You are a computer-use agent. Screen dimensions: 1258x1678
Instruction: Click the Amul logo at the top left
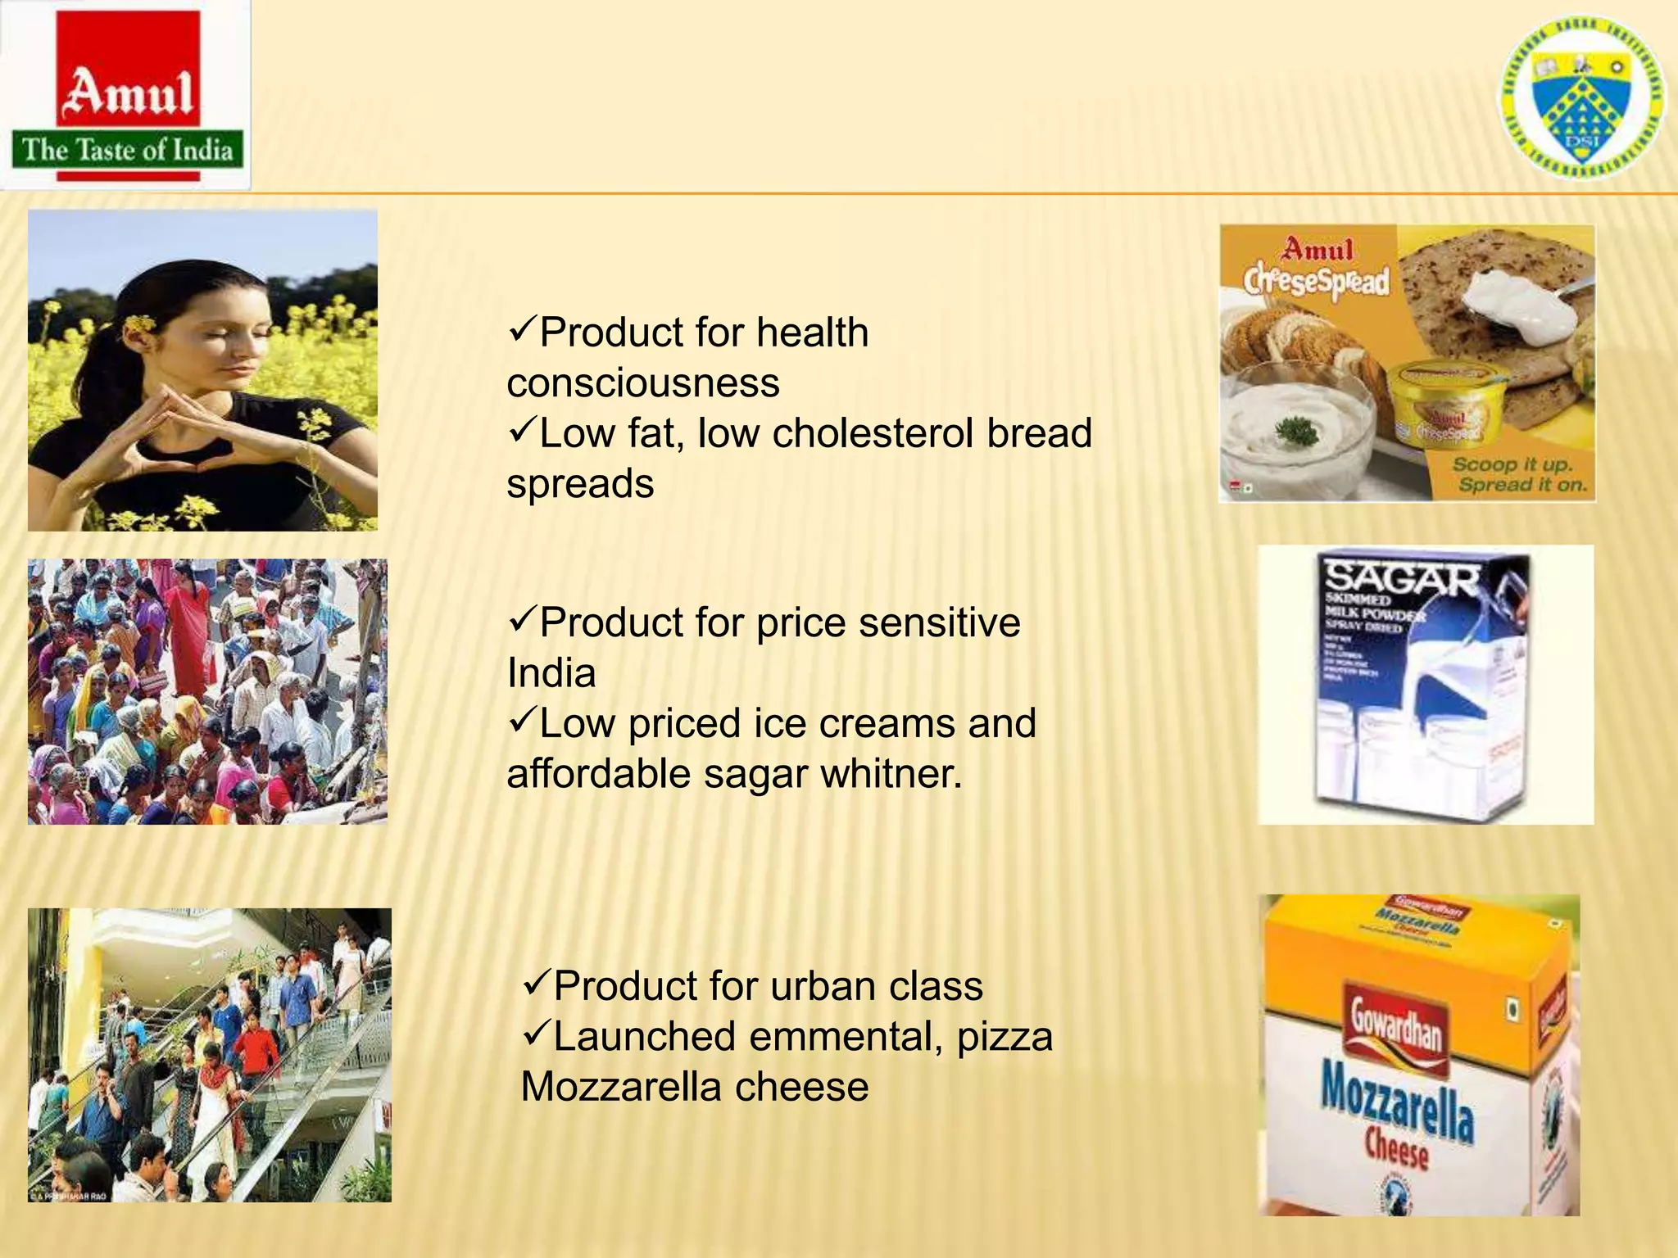coord(127,94)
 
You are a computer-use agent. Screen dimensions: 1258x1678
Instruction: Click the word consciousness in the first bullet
coord(643,383)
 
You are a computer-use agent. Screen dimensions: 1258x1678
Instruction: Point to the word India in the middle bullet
coord(551,673)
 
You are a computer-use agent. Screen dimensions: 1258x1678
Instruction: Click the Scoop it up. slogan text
coord(1512,464)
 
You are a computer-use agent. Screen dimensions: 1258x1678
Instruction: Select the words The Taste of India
coord(127,151)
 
